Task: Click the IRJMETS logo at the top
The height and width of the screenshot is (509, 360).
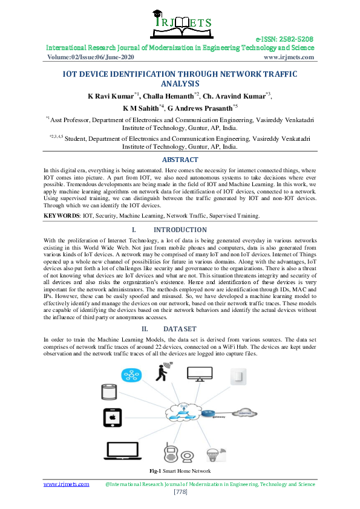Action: [x=180, y=22]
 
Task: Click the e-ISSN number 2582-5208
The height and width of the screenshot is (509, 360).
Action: [x=284, y=38]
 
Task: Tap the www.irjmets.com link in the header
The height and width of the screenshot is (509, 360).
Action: [x=289, y=57]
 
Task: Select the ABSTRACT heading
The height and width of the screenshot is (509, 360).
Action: [x=180, y=160]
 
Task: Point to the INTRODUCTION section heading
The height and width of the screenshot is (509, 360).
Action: [x=180, y=230]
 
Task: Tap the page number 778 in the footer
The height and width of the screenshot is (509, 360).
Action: [x=180, y=492]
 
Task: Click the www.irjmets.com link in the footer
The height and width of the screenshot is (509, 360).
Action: [x=66, y=484]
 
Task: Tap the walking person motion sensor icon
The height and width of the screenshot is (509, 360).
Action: [x=162, y=374]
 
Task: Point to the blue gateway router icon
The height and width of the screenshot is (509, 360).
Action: [x=208, y=413]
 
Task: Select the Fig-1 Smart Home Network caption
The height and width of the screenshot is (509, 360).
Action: [x=180, y=470]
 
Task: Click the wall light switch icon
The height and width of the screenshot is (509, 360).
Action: [x=238, y=377]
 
